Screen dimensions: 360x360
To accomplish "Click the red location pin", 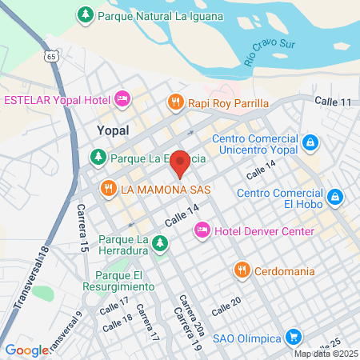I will tap(181, 162).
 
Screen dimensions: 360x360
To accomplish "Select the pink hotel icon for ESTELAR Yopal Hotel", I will tap(122, 99).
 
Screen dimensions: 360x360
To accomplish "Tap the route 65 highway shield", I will tap(51, 57).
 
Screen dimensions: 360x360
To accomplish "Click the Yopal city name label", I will tap(112, 128).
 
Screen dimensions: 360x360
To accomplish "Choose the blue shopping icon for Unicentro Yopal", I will tap(310, 143).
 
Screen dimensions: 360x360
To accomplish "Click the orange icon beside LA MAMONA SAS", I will tap(108, 189).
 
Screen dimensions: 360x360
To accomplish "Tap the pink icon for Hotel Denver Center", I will tap(202, 231).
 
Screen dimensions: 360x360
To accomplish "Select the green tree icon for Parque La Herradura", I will tap(160, 241).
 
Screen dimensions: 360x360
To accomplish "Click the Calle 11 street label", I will tap(334, 102).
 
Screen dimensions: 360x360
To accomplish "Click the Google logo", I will tap(27, 350).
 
